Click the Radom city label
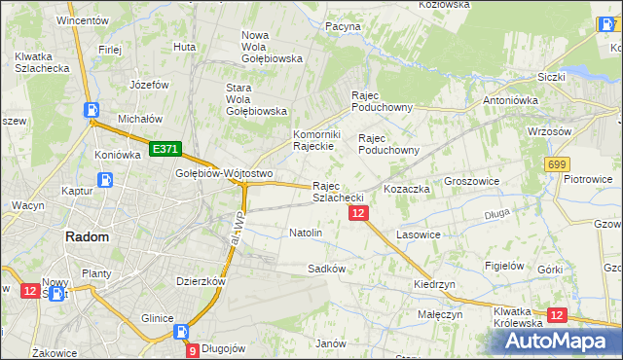[x=87, y=236]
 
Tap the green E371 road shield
[x=164, y=149]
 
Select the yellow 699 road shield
[x=557, y=164]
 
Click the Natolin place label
[x=306, y=234]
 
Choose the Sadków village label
[x=327, y=268]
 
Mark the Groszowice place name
[x=471, y=182]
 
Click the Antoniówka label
[x=512, y=101]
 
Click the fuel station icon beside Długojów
[x=181, y=333]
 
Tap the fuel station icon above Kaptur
[x=105, y=180]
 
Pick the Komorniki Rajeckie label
[x=313, y=140]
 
